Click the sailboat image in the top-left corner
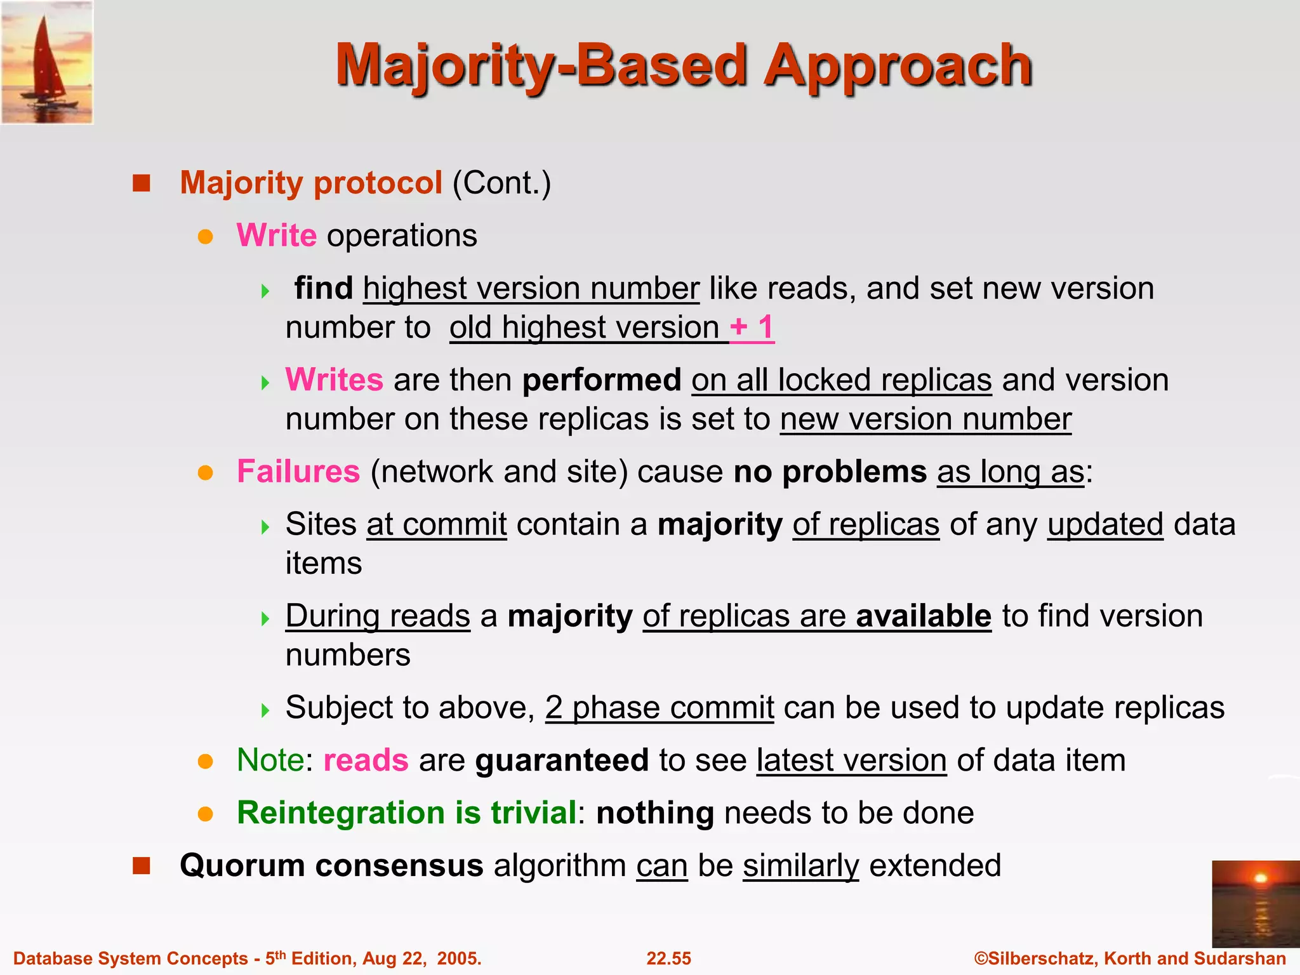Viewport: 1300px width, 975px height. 47,62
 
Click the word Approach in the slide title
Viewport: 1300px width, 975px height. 898,66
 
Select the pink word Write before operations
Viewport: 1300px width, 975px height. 276,235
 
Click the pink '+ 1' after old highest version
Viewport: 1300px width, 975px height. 752,328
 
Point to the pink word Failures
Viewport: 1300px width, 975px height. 298,472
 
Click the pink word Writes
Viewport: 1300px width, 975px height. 334,380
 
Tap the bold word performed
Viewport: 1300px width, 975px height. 601,380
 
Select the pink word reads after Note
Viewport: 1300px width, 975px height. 366,760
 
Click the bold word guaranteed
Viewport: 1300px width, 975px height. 562,760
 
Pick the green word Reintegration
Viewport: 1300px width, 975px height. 341,813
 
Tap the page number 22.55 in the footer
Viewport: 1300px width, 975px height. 668,958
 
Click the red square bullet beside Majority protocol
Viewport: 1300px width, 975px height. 141,183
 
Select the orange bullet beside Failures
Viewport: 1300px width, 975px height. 205,473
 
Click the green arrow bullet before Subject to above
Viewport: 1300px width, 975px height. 265,710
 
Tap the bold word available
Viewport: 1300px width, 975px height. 923,616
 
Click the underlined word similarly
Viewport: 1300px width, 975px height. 800,866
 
